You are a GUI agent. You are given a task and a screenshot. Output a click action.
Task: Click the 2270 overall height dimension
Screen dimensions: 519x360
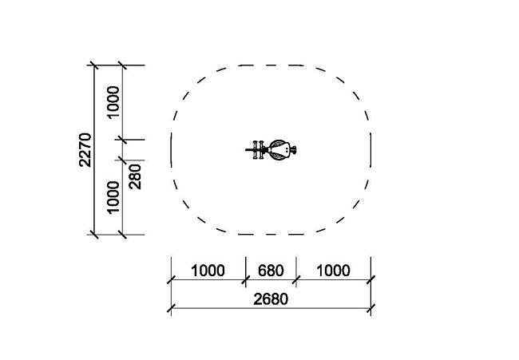[85, 150]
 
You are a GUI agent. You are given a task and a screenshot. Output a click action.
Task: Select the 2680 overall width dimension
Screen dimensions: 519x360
[271, 299]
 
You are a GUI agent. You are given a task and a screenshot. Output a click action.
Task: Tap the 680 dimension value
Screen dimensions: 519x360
[271, 271]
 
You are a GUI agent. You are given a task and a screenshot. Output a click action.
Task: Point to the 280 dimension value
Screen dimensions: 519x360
[135, 176]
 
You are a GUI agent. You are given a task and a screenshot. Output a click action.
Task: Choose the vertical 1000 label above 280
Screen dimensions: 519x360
[113, 102]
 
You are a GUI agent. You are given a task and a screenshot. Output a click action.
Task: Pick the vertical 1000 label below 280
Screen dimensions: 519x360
[113, 197]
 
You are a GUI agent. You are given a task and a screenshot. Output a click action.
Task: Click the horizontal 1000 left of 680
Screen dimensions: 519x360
[208, 271]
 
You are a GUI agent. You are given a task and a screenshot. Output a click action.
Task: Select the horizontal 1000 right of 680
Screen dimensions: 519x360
[333, 271]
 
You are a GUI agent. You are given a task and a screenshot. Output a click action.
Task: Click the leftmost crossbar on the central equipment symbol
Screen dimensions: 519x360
[256, 150]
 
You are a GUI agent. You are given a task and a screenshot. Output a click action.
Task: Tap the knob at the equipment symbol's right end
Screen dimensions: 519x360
[293, 150]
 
